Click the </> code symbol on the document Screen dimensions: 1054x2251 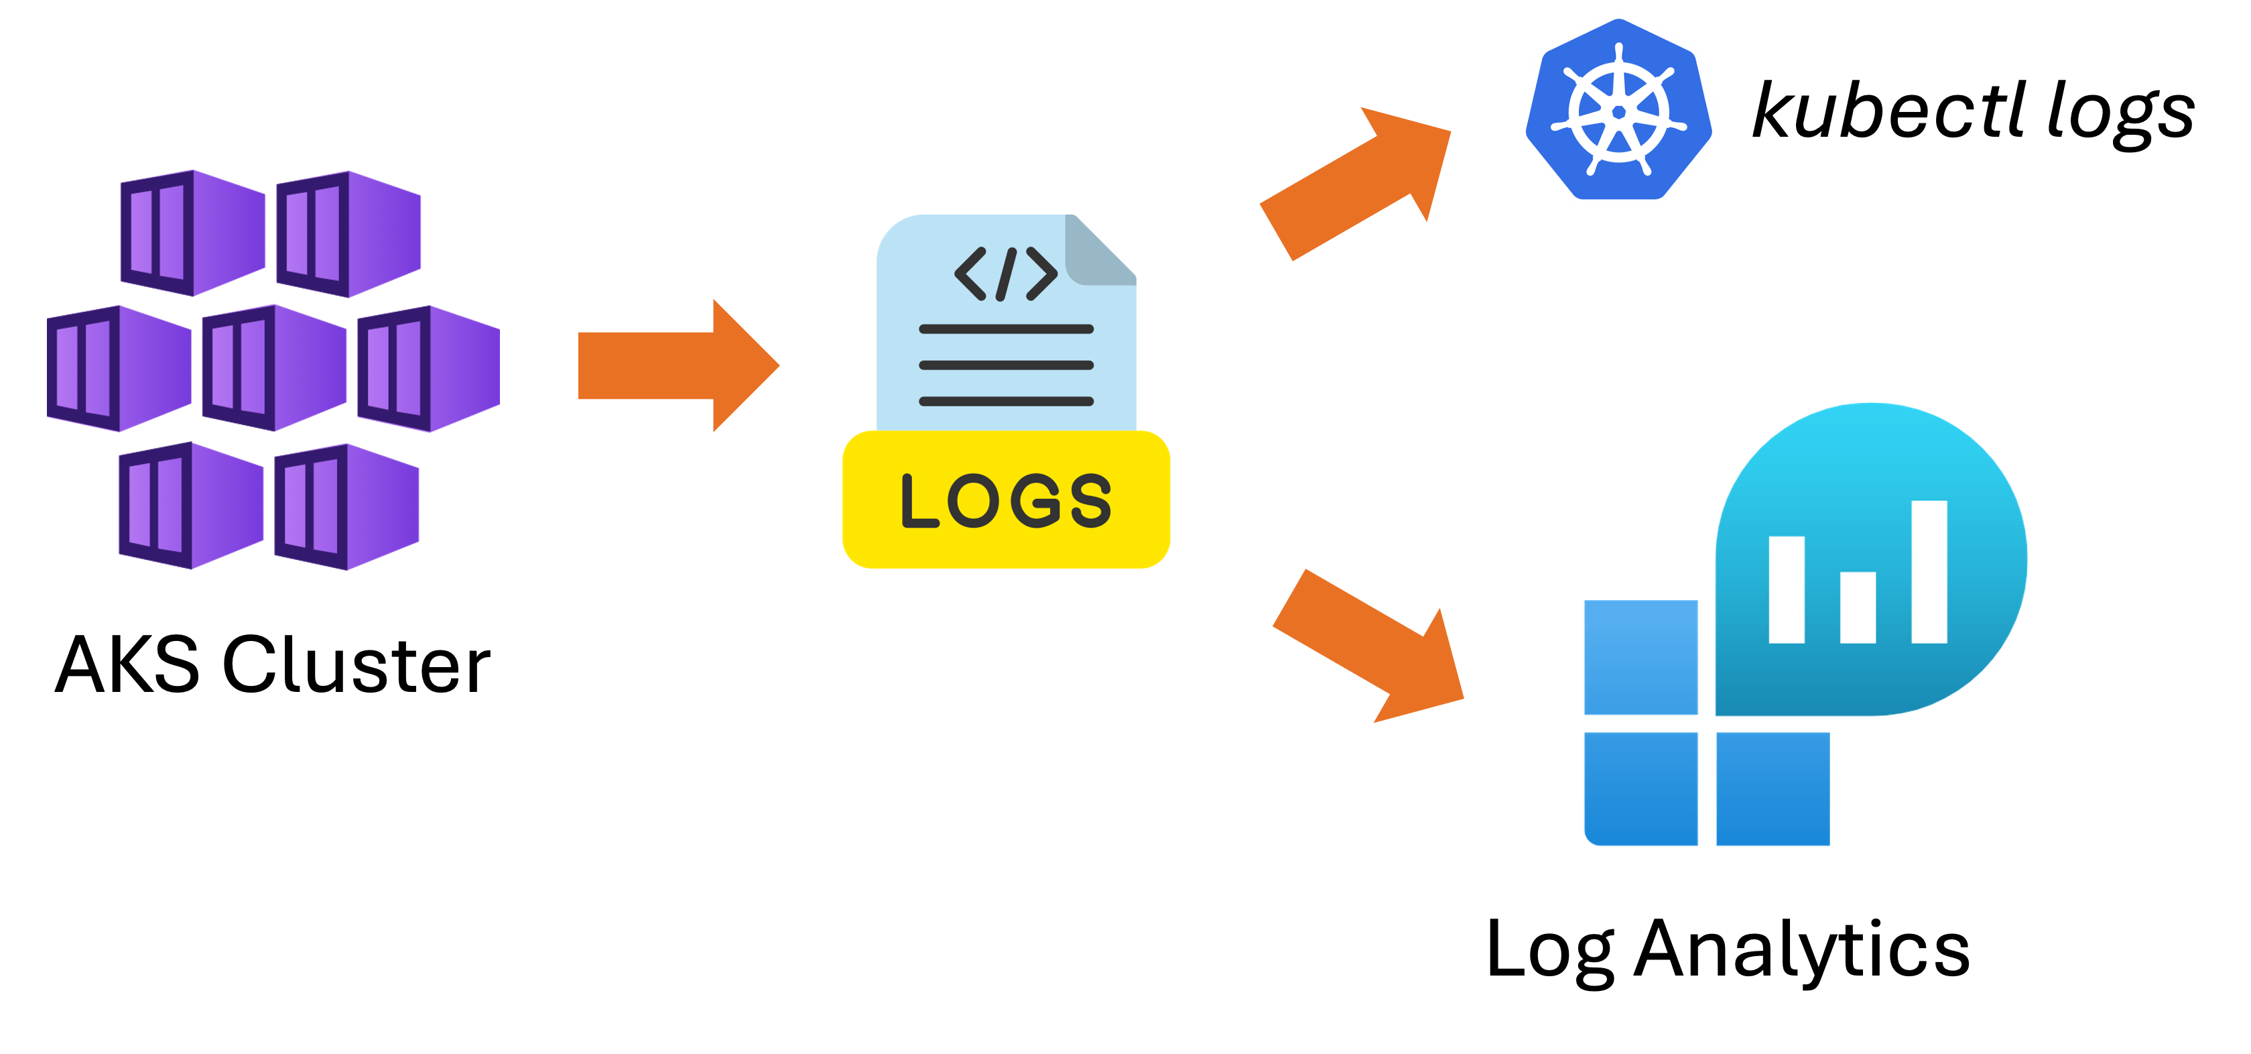coord(1006,274)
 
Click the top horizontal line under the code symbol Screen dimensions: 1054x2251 coord(1006,329)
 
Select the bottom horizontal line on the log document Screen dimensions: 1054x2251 coord(1006,401)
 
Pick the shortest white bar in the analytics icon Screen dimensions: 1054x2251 coord(1858,607)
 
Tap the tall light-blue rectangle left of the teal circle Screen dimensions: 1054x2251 coord(1641,657)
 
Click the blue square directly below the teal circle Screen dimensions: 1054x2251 coord(1772,788)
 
